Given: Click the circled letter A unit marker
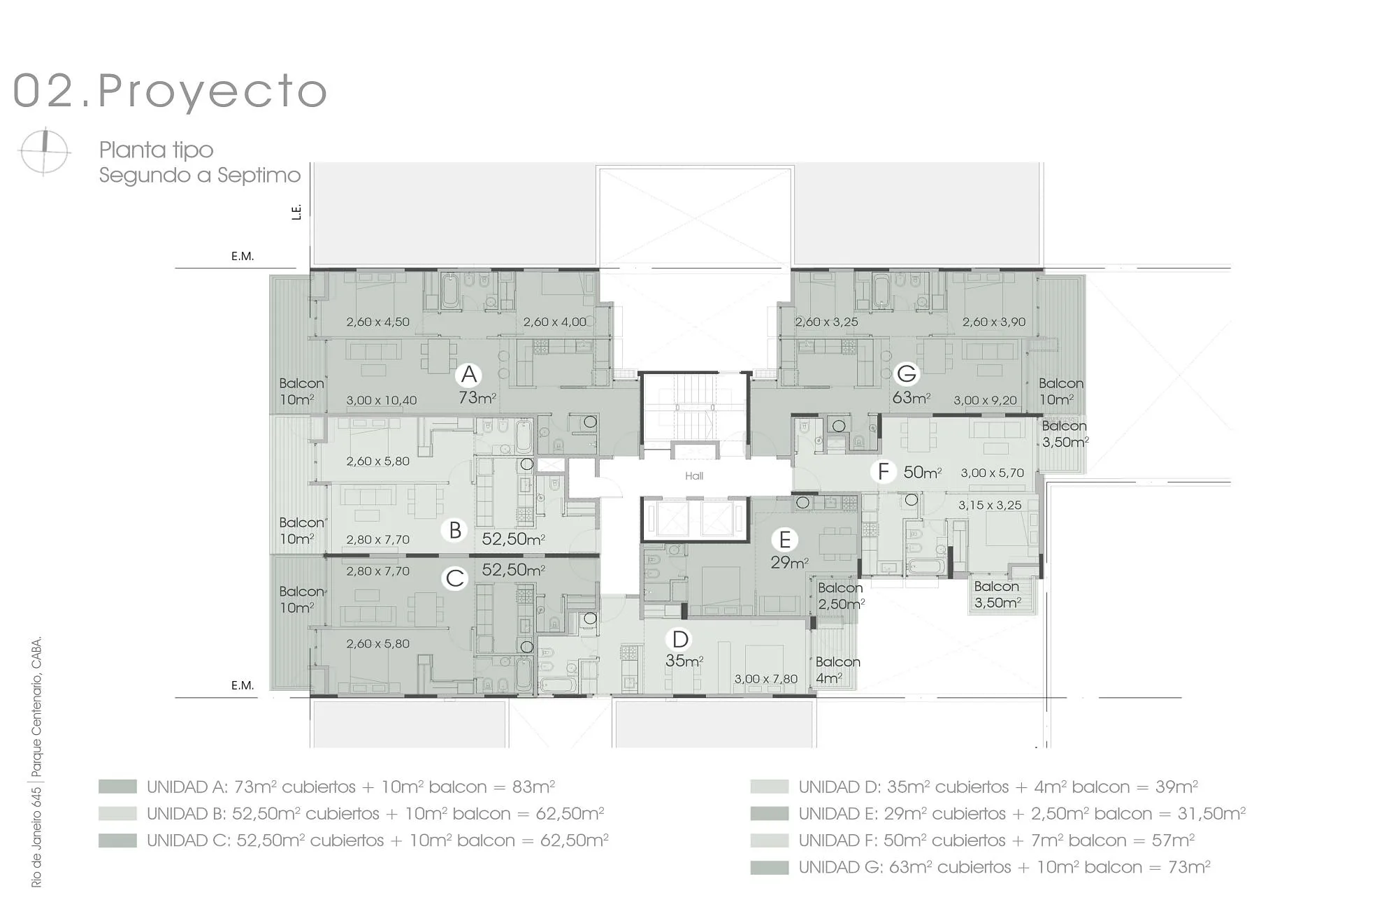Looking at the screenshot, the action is (469, 374).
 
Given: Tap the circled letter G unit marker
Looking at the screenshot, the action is (907, 373).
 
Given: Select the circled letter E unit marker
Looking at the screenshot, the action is (785, 540).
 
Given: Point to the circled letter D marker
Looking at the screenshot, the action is (680, 639).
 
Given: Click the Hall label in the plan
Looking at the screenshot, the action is (694, 476).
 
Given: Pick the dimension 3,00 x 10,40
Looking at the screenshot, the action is (382, 401).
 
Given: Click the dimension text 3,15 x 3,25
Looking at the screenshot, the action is (990, 505).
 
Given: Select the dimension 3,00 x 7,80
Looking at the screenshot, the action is (765, 679).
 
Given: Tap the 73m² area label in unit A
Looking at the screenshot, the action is (477, 398).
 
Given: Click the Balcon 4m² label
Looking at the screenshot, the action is (837, 670).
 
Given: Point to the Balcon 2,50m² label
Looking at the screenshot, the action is (841, 596).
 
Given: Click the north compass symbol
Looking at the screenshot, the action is (45, 152).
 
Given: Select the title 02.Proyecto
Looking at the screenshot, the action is (171, 91).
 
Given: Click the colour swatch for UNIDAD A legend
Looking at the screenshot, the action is (117, 787).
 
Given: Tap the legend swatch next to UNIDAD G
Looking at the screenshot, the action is (770, 868).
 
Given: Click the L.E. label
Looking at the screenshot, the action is (297, 212).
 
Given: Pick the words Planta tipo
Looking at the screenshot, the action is (156, 150).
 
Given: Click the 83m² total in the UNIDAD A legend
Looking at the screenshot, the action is (533, 787).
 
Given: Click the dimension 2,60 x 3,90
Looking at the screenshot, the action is (994, 322).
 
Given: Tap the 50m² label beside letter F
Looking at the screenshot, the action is (922, 472).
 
